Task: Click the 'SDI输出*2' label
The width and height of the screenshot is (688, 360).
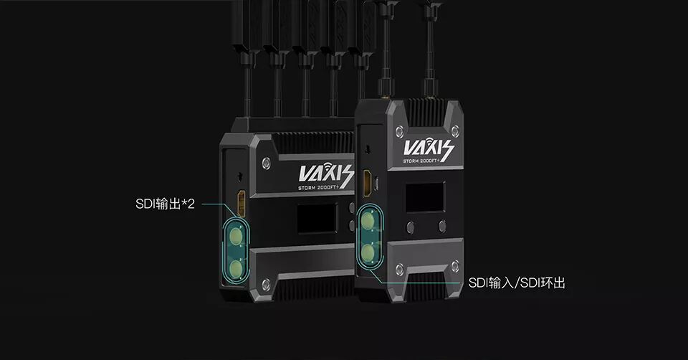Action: (x=165, y=204)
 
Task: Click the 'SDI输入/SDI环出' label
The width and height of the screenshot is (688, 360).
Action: (x=517, y=283)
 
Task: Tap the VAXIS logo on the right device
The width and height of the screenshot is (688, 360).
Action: (x=429, y=148)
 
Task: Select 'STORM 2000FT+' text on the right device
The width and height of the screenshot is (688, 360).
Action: (x=421, y=161)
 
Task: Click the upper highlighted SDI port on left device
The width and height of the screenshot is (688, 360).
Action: (x=236, y=237)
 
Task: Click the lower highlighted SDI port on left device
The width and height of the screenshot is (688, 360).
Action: (x=236, y=268)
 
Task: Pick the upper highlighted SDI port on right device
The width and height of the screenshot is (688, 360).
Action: (x=368, y=221)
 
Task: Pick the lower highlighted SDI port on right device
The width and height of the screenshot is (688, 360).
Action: (x=368, y=252)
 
